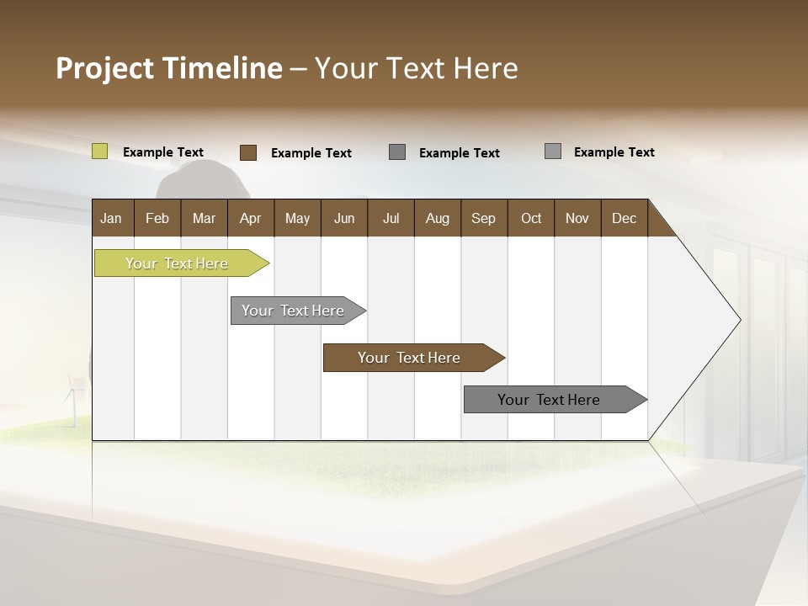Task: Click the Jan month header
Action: tap(112, 218)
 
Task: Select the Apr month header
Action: tap(250, 218)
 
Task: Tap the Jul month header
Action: tap(391, 218)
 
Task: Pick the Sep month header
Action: tap(483, 218)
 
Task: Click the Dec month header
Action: tap(624, 218)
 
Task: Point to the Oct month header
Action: tap(530, 218)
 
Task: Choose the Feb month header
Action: tap(157, 218)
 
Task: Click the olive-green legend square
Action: tap(100, 151)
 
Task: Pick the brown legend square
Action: tap(248, 152)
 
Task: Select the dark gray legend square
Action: tap(397, 151)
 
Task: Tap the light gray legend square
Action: tap(553, 151)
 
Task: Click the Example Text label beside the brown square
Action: tap(311, 153)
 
